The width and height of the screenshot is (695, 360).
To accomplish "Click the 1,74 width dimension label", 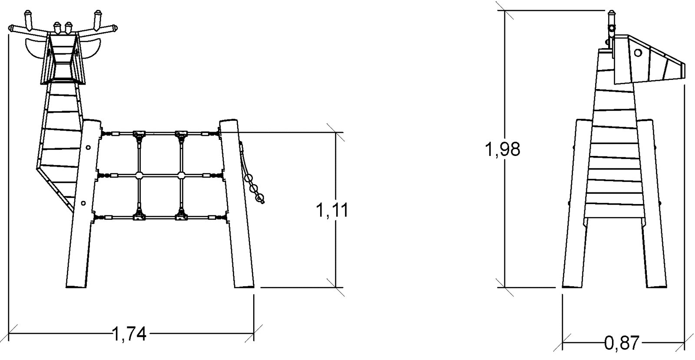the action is (129, 334).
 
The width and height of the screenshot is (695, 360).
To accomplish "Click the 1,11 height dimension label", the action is (332, 210).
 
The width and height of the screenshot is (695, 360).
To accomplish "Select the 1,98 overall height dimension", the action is (502, 149).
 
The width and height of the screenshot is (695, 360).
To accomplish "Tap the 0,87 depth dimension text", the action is (622, 343).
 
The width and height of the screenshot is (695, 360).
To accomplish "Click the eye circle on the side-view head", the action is (638, 53).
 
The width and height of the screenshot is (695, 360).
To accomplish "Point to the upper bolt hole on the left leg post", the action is (88, 147).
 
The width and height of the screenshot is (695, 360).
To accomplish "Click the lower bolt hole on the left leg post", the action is (83, 203).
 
